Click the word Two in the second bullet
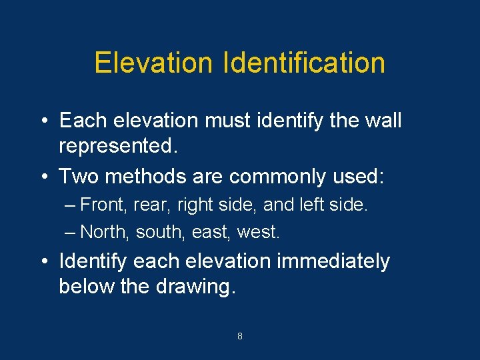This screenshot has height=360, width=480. point(75,176)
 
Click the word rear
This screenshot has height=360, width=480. point(151,205)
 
